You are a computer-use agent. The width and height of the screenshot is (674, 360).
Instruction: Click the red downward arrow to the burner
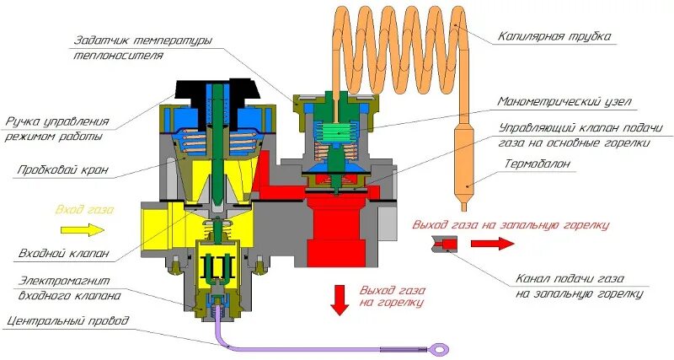point(340,299)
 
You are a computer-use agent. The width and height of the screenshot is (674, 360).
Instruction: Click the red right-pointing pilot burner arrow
point(489,244)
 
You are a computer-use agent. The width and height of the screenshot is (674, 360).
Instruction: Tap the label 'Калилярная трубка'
point(554,36)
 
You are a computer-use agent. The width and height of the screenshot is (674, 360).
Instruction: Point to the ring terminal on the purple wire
point(439,349)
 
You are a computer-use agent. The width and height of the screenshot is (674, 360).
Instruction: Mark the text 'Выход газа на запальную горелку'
point(510,225)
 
